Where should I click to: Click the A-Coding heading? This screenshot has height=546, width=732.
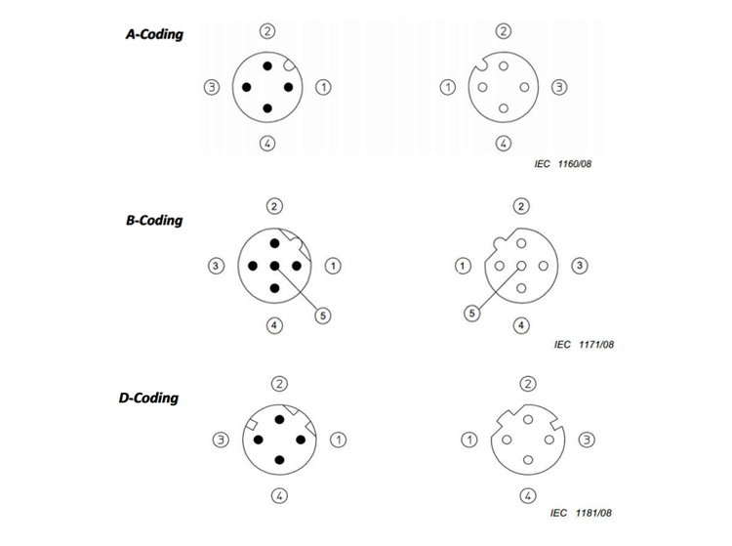point(154,34)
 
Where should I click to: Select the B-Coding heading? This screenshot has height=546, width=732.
point(154,221)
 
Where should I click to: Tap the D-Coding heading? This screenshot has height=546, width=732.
point(149,398)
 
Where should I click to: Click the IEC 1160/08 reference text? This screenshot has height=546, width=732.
point(563,164)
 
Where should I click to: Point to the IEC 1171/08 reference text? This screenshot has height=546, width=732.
point(584,345)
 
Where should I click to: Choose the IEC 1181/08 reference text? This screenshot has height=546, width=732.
point(581,513)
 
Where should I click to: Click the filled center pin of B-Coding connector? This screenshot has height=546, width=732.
point(274,266)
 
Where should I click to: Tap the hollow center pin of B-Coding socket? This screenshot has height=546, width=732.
point(521,266)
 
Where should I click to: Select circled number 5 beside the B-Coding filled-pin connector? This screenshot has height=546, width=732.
point(323,315)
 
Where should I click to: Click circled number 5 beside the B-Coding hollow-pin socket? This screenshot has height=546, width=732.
point(472,313)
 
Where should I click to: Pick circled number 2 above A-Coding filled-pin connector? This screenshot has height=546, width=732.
point(267,31)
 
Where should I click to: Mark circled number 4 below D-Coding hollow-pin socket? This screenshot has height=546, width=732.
point(528,495)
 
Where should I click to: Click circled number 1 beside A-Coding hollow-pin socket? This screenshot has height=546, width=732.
point(448,87)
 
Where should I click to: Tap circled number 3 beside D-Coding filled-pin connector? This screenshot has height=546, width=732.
point(221,440)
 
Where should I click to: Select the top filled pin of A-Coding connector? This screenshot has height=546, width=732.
point(267,65)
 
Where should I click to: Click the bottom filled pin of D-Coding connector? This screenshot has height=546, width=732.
point(280,460)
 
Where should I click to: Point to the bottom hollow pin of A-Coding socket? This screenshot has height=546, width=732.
point(504,108)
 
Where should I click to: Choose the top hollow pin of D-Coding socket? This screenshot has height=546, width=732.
point(528,419)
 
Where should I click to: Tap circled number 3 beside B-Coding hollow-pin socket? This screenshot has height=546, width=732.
point(580,266)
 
